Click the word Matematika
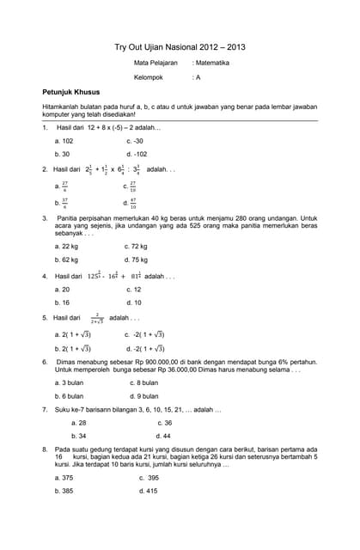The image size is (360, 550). tap(212, 64)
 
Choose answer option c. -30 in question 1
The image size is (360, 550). tap(135, 141)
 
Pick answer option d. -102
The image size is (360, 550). tap(137, 155)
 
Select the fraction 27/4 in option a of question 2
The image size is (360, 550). tap(64, 186)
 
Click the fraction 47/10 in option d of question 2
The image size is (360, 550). tap(132, 204)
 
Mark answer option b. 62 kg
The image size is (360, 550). tap(66, 259)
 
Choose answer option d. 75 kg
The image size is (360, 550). tap(136, 259)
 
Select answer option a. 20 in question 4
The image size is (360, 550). tap(62, 290)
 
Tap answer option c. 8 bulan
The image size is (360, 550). tap(143, 382)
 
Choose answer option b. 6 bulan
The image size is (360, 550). tap(69, 396)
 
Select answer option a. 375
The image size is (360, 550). tap(64, 477)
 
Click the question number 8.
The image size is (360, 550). tap(45, 449)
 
